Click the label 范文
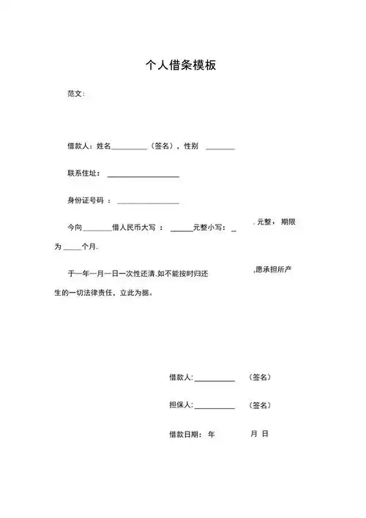coord(75,94)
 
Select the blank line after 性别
coord(220,149)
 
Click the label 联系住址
coord(83,173)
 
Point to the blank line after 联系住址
coord(143,176)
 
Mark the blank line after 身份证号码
coord(148,203)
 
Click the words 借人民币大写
coord(137,228)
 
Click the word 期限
coord(288,222)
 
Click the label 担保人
coord(180,405)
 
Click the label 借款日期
coord(184,435)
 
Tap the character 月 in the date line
coord(253,434)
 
